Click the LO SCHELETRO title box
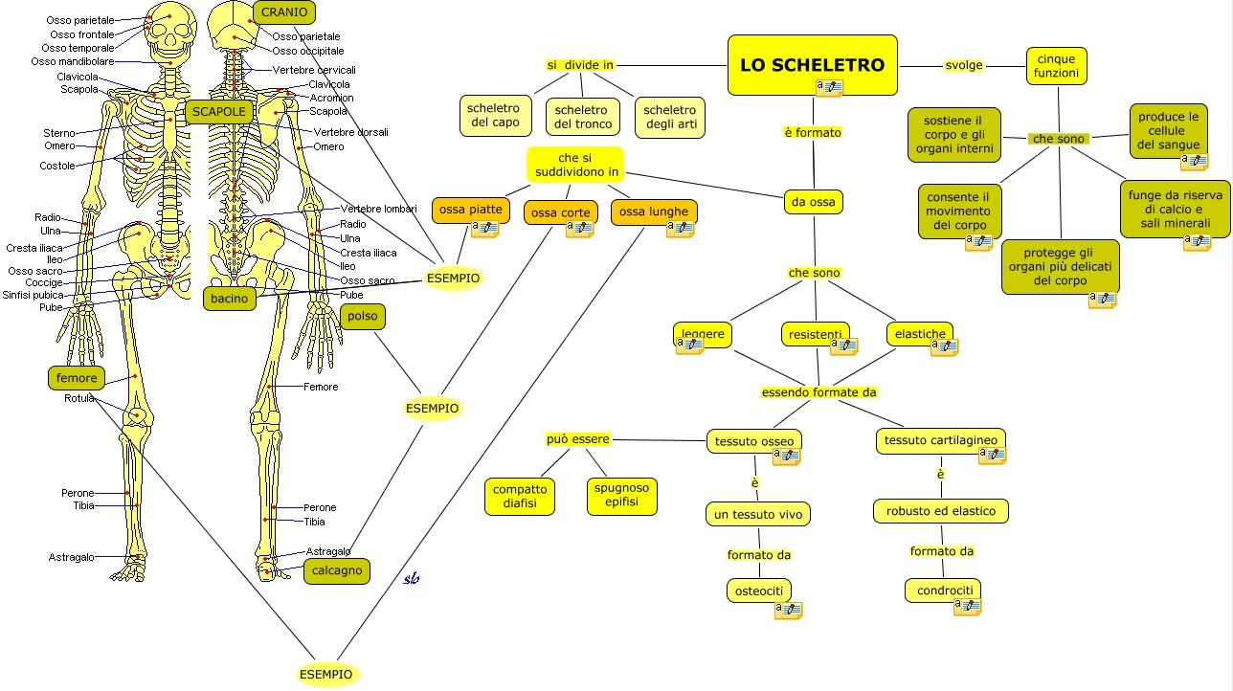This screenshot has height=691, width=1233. pyautogui.click(x=812, y=65)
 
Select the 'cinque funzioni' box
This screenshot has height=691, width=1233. pyautogui.click(x=1056, y=66)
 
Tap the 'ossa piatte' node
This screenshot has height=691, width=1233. pyautogui.click(x=470, y=210)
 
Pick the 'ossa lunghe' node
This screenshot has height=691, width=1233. pyautogui.click(x=653, y=212)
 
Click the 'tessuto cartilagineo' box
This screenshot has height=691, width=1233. pyautogui.click(x=940, y=440)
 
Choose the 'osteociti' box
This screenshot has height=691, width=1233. pyautogui.click(x=759, y=591)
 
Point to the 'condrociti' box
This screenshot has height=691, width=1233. pyautogui.click(x=943, y=590)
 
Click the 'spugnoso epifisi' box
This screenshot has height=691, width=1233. pyautogui.click(x=621, y=495)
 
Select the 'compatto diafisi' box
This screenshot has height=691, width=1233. pyautogui.click(x=520, y=496)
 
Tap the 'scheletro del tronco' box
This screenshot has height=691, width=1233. pyautogui.click(x=581, y=117)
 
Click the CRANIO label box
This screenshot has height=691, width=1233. pyautogui.click(x=284, y=12)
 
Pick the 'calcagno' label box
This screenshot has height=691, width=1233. pyautogui.click(x=336, y=571)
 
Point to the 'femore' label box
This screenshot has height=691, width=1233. pyautogui.click(x=77, y=378)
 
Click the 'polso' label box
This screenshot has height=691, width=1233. pyautogui.click(x=363, y=316)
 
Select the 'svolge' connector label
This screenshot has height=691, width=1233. pyautogui.click(x=963, y=65)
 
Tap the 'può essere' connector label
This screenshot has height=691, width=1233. pyautogui.click(x=577, y=439)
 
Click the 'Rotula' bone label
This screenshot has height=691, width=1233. pyautogui.click(x=78, y=398)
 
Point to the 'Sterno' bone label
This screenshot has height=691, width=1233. pyautogui.click(x=58, y=133)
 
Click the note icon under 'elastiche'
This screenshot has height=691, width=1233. pyautogui.click(x=943, y=346)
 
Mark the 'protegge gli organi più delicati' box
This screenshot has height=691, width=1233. pyautogui.click(x=1060, y=267)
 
